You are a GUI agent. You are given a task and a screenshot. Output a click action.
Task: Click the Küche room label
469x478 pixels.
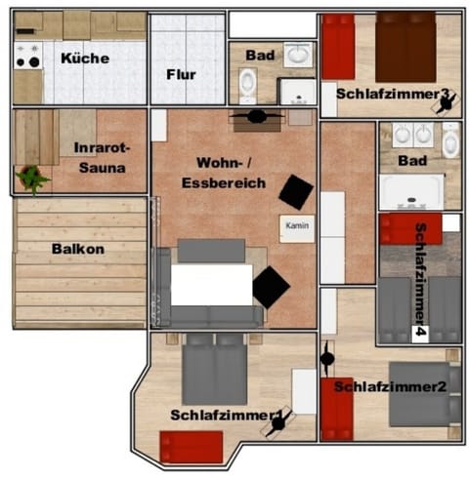pyautogui.click(x=84, y=59)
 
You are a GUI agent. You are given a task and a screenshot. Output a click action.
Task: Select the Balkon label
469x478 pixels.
pyautogui.click(x=77, y=249)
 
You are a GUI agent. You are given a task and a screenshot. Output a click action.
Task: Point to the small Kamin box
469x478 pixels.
pyautogui.click(x=296, y=225)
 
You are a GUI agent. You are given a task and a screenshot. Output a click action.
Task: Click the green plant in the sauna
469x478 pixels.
pyautogui.click(x=33, y=178)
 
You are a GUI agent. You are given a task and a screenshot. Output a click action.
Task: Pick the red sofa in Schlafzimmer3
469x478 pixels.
pyautogui.click(x=336, y=49)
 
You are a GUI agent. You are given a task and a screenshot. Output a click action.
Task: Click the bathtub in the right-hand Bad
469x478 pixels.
pyautogui.click(x=411, y=191)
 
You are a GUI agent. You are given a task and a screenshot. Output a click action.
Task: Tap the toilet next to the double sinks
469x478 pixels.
pyautogui.click(x=449, y=142)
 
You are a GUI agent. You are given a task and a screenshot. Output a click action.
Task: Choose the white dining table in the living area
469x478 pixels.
pyautogui.click(x=211, y=284)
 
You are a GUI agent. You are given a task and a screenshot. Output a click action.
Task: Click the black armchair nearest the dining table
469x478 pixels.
pyautogui.click(x=271, y=288)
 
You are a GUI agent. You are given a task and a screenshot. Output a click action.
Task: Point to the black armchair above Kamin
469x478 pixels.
pyautogui.click(x=295, y=191)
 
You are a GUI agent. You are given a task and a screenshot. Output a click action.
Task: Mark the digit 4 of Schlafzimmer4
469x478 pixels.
pyautogui.click(x=420, y=333)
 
